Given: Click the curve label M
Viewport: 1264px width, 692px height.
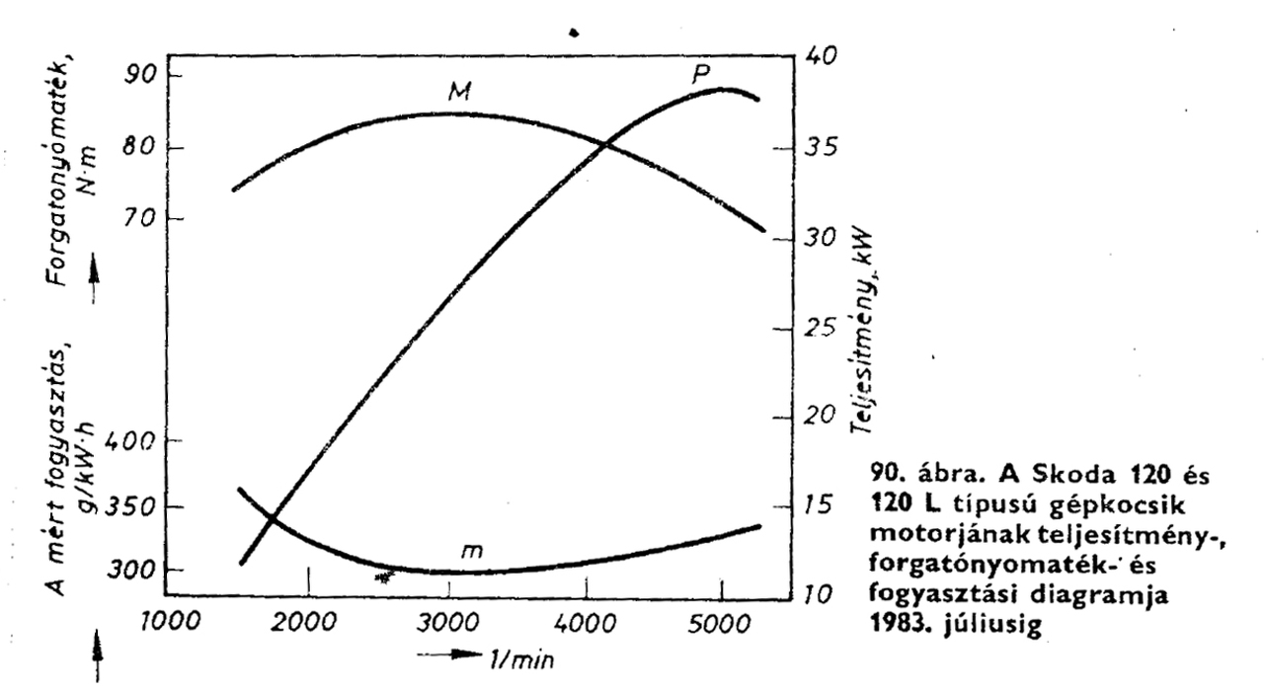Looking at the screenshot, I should click(x=456, y=91).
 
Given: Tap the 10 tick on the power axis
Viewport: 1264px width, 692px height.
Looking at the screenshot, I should click(x=818, y=595).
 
